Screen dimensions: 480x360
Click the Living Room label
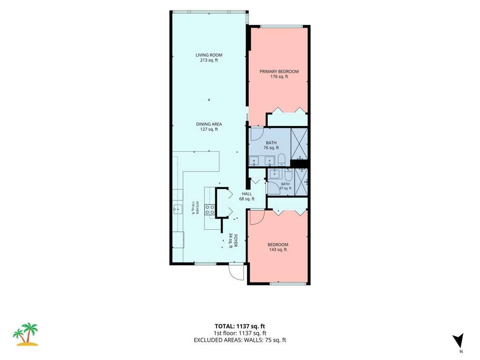click(209, 55)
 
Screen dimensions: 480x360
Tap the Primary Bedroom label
click(279, 71)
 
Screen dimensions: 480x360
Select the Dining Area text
click(209, 124)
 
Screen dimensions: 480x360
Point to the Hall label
click(247, 194)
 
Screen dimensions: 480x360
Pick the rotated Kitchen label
click(197, 207)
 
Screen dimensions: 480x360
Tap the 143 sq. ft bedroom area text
click(277, 249)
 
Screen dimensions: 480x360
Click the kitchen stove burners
click(210, 210)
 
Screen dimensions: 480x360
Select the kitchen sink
click(178, 209)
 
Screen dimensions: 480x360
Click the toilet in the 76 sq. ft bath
click(282, 160)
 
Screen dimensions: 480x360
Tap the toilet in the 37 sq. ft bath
click(289, 174)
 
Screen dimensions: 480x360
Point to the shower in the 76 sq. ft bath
click(299, 143)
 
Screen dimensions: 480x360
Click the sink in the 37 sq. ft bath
click(275, 173)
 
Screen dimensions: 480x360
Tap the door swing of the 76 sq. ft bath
click(257, 134)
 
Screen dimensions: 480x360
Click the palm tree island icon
click(26, 334)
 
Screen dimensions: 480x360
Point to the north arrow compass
click(458, 341)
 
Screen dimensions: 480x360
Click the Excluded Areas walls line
click(240, 340)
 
